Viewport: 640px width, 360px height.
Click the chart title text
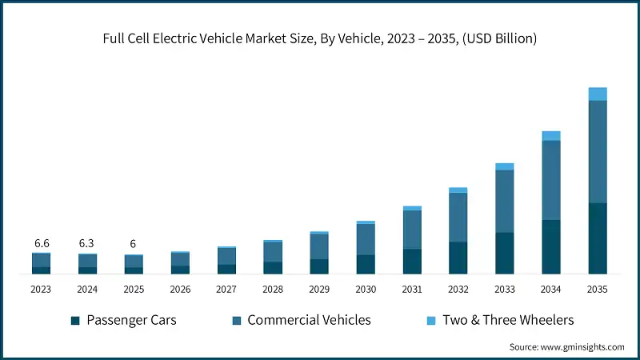point(319,38)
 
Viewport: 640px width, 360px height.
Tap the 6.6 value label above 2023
point(42,242)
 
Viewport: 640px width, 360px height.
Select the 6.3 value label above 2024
point(88,242)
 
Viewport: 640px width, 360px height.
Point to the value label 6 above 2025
point(134,243)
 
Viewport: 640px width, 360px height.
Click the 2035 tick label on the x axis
point(598,289)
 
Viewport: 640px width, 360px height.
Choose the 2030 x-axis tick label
point(366,289)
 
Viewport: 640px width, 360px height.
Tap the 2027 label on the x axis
point(226,289)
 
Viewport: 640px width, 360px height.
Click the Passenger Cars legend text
point(132,320)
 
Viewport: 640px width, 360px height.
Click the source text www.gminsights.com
point(567,346)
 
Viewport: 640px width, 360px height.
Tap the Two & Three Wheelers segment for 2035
point(598,94)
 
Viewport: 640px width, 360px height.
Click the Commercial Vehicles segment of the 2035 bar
point(598,152)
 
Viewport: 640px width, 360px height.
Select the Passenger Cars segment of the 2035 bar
point(598,238)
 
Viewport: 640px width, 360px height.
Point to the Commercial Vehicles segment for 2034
point(551,180)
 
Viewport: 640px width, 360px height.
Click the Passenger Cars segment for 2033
point(505,253)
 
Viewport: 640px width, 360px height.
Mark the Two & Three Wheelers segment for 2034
point(551,136)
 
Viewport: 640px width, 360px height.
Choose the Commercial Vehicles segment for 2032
point(458,218)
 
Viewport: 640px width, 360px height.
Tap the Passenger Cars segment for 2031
point(412,262)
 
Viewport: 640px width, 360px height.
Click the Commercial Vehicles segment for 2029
point(319,246)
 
